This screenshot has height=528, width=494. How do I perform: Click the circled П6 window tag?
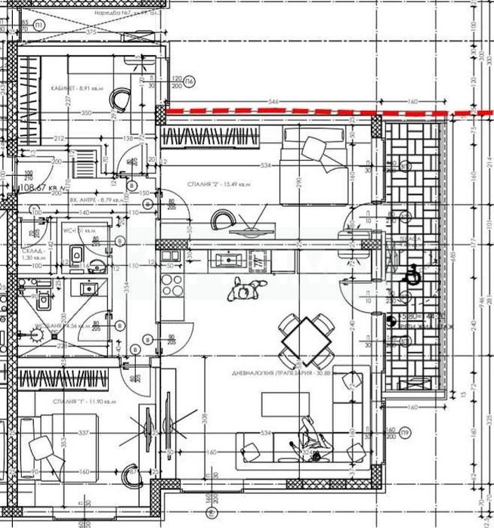[190, 82]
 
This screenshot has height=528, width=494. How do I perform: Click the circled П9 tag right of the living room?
[406, 432]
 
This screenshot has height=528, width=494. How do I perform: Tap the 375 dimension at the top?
[91, 32]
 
